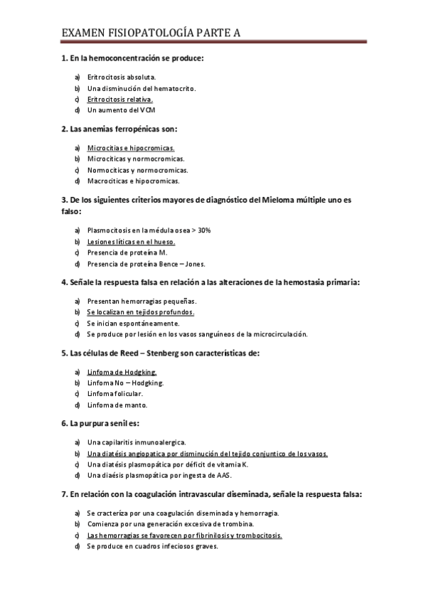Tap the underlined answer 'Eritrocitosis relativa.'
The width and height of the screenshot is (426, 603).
coord(119,100)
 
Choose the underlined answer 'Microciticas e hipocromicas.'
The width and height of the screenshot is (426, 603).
coord(131,148)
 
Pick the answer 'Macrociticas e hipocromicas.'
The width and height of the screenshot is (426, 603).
coord(132,181)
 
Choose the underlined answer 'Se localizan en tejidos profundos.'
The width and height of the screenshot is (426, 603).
coord(140,311)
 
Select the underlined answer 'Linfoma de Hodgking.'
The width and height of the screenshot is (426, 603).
coord(122,372)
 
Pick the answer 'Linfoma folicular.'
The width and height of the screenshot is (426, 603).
coord(115,393)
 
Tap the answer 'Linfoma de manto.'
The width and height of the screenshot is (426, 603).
coord(117,405)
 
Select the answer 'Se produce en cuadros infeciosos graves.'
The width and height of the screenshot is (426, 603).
coord(152,546)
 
